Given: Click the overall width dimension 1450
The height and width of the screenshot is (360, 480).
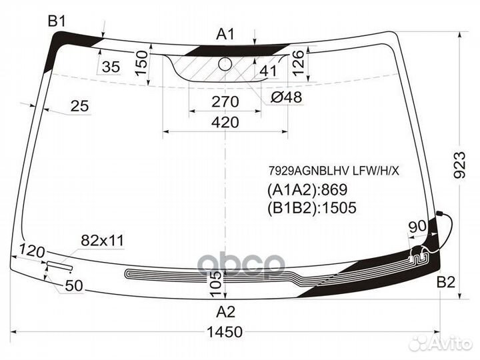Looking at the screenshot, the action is click(x=225, y=332).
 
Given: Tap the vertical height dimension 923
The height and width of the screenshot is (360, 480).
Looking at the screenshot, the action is click(x=459, y=165).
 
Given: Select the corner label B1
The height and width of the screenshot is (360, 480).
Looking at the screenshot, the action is click(x=57, y=21).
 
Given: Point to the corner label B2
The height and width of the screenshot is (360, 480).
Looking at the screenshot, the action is click(x=446, y=282).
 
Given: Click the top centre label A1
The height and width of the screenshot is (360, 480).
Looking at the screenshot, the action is click(x=225, y=34).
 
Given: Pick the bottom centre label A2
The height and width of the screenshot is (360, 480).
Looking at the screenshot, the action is click(x=225, y=312).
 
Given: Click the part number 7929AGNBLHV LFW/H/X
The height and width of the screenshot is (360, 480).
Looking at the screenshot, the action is click(x=334, y=171).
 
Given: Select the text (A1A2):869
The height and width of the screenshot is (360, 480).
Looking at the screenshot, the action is click(x=307, y=190).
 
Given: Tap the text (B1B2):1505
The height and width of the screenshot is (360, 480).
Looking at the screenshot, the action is click(x=312, y=207).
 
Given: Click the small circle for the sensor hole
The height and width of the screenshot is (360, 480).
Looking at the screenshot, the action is click(x=225, y=63).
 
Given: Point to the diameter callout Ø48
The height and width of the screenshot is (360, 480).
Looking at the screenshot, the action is click(x=286, y=97).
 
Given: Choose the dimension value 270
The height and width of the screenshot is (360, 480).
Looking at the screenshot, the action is click(x=225, y=101).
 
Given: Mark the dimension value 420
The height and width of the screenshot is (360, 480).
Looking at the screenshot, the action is click(x=225, y=123).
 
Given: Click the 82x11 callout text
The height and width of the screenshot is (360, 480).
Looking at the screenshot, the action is click(x=103, y=241).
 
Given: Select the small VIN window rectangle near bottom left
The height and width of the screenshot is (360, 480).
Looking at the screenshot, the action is click(x=59, y=266).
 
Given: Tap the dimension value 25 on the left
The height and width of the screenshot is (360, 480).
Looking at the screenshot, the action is click(x=79, y=106).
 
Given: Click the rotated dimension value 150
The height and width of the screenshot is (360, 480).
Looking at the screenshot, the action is click(x=141, y=63).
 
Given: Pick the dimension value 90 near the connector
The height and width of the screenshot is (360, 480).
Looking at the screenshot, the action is click(x=417, y=227).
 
